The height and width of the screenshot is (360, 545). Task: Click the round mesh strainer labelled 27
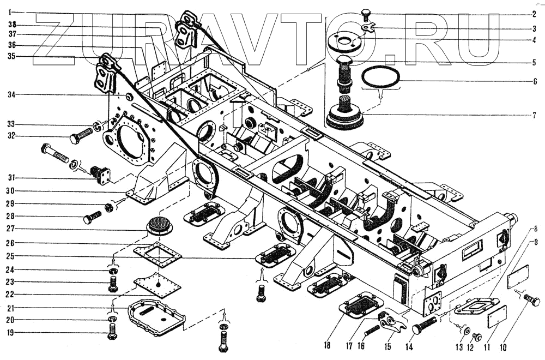[x=159, y=223]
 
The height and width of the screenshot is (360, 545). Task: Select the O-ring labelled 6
[x=381, y=78]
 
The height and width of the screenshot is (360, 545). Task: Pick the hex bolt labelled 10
[x=531, y=300]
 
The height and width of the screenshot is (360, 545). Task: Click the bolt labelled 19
[x=112, y=331]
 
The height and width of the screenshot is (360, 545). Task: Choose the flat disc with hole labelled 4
[x=344, y=41]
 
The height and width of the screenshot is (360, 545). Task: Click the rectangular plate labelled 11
[x=496, y=316]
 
